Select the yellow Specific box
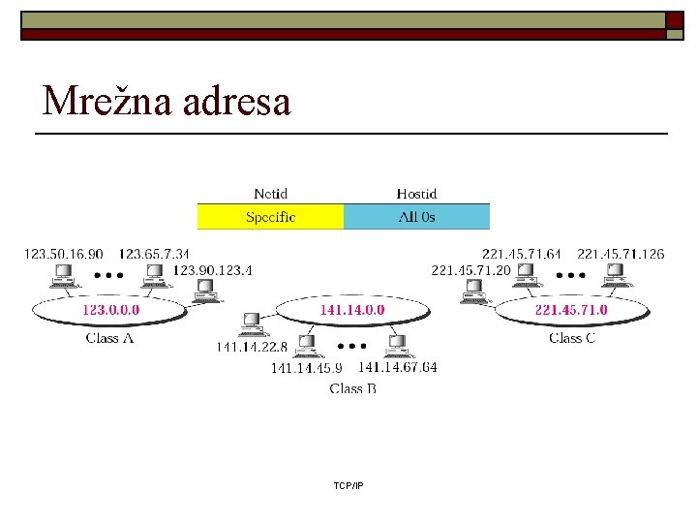271,217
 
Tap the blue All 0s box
417,217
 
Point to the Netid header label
271,194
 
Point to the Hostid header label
417,194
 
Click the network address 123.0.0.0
110,311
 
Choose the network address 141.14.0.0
352,310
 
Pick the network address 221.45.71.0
571,311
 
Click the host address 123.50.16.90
64,254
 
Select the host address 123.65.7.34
155,254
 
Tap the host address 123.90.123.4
212,269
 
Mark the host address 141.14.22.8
252,347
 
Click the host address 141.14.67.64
397,367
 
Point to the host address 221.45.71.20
470,270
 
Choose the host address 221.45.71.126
621,254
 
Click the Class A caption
109,338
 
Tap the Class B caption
352,388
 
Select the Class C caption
571,338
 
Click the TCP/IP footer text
348,485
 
